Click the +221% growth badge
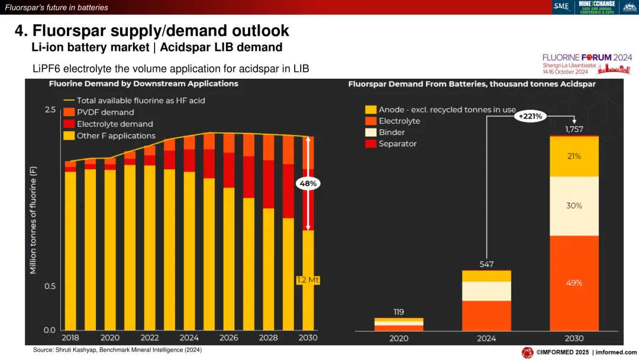coord(530,116)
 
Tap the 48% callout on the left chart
coord(308,184)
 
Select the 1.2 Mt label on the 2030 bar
coord(308,279)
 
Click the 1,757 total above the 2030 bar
coord(574,129)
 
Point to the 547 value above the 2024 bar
coord(486,264)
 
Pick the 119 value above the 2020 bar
coord(398,311)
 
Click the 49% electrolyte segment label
coord(574,282)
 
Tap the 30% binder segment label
coord(574,205)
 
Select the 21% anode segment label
coord(574,156)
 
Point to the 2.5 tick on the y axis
coord(50,110)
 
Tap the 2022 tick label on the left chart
coord(150,337)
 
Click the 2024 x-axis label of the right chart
coord(486,338)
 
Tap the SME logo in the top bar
coord(561,7)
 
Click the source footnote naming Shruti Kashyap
coord(117,350)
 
